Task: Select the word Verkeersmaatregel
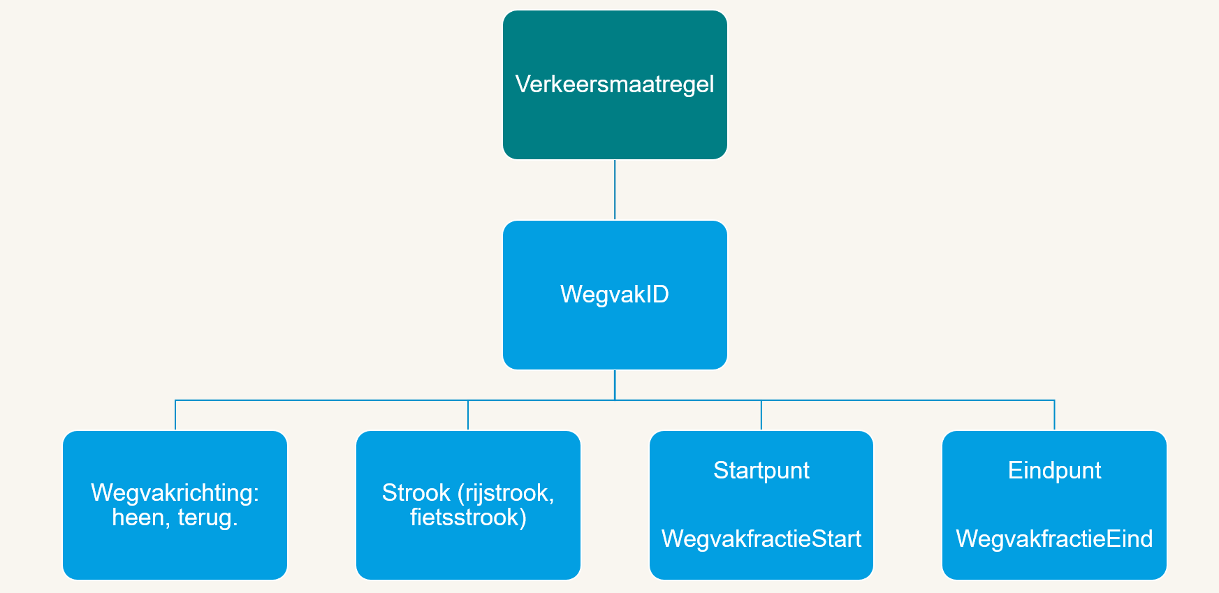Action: click(x=615, y=85)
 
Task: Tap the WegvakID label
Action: click(x=615, y=294)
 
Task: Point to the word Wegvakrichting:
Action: click(x=175, y=493)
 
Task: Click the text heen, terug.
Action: click(x=175, y=518)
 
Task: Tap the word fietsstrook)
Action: click(x=468, y=518)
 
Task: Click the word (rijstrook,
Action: click(x=506, y=493)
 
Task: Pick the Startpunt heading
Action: click(x=761, y=471)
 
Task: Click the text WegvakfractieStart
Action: click(x=761, y=539)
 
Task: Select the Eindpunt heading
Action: click(x=1054, y=471)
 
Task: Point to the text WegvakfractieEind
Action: click(x=1054, y=539)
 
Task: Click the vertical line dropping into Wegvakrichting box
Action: click(x=175, y=416)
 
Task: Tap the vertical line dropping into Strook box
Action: click(x=468, y=416)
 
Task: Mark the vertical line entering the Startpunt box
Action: click(x=761, y=416)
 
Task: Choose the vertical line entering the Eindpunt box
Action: click(x=1054, y=416)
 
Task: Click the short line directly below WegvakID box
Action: click(x=615, y=384)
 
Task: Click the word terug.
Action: click(x=207, y=518)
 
